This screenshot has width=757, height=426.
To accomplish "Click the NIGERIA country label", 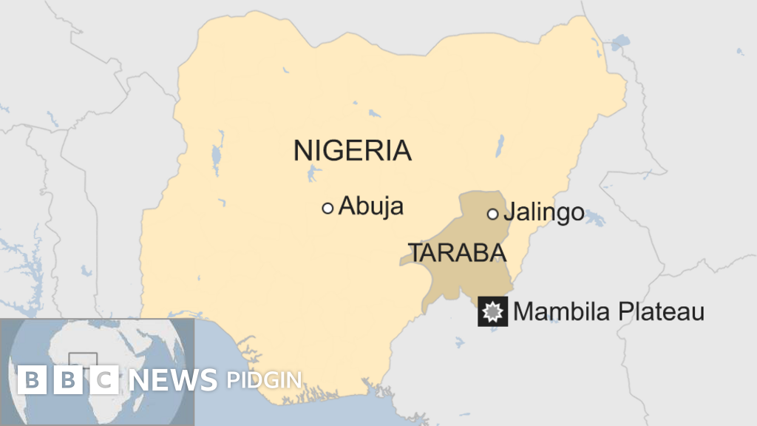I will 352,150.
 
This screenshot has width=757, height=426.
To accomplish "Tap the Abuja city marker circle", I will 327,208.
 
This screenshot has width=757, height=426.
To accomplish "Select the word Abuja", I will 371,206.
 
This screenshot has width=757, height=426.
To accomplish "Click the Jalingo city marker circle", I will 492,214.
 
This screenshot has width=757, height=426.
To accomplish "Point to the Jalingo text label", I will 544,214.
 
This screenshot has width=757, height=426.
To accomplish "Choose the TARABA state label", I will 458,253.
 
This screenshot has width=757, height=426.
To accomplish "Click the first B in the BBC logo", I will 32,380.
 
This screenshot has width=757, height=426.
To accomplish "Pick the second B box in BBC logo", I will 69,380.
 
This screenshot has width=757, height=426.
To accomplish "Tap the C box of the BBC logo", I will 105,380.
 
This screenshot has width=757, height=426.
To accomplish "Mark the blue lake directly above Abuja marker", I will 315,175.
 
